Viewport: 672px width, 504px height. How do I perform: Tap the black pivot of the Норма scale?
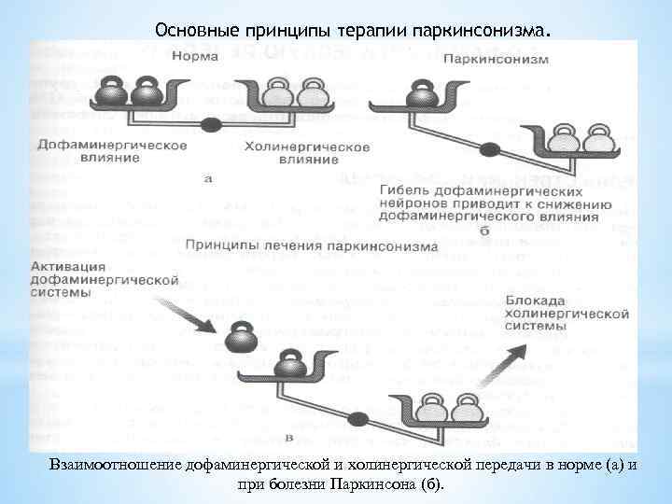point(212,123)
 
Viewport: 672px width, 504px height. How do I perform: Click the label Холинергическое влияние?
point(307,153)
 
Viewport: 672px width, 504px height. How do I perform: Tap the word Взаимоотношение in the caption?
point(103,466)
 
